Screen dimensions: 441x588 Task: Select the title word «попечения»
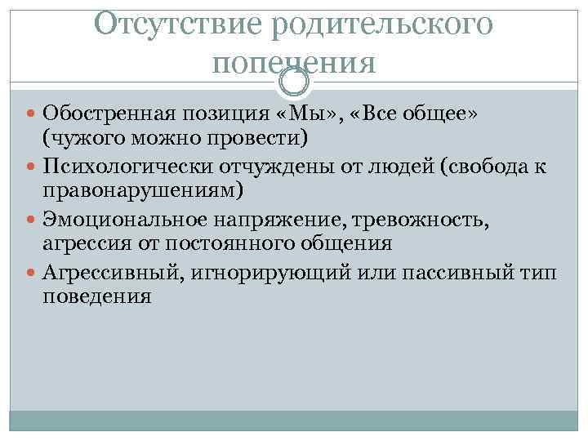point(294,61)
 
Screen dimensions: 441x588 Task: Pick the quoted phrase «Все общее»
point(416,112)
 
